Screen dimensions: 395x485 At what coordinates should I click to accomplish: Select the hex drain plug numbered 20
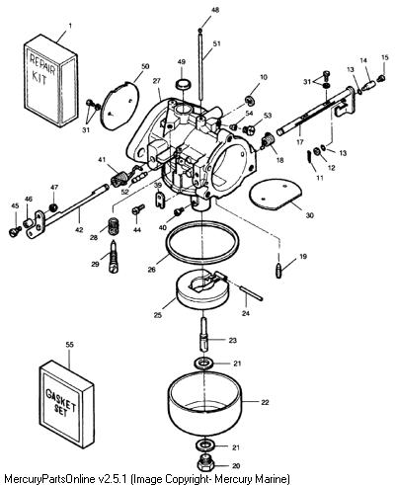coord(205,465)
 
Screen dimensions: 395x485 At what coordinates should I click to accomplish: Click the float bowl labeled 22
coord(205,403)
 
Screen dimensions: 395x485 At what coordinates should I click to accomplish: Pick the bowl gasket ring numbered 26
coord(201,242)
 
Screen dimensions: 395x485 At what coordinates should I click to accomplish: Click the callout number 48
coord(214,10)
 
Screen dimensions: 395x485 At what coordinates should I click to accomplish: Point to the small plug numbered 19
coord(279,271)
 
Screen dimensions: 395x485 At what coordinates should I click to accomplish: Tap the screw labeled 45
coord(14,231)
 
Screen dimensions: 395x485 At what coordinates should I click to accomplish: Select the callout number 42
coord(79,229)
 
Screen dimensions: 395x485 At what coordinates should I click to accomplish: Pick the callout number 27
coord(156,81)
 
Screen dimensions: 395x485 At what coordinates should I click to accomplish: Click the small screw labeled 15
coord(381,78)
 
